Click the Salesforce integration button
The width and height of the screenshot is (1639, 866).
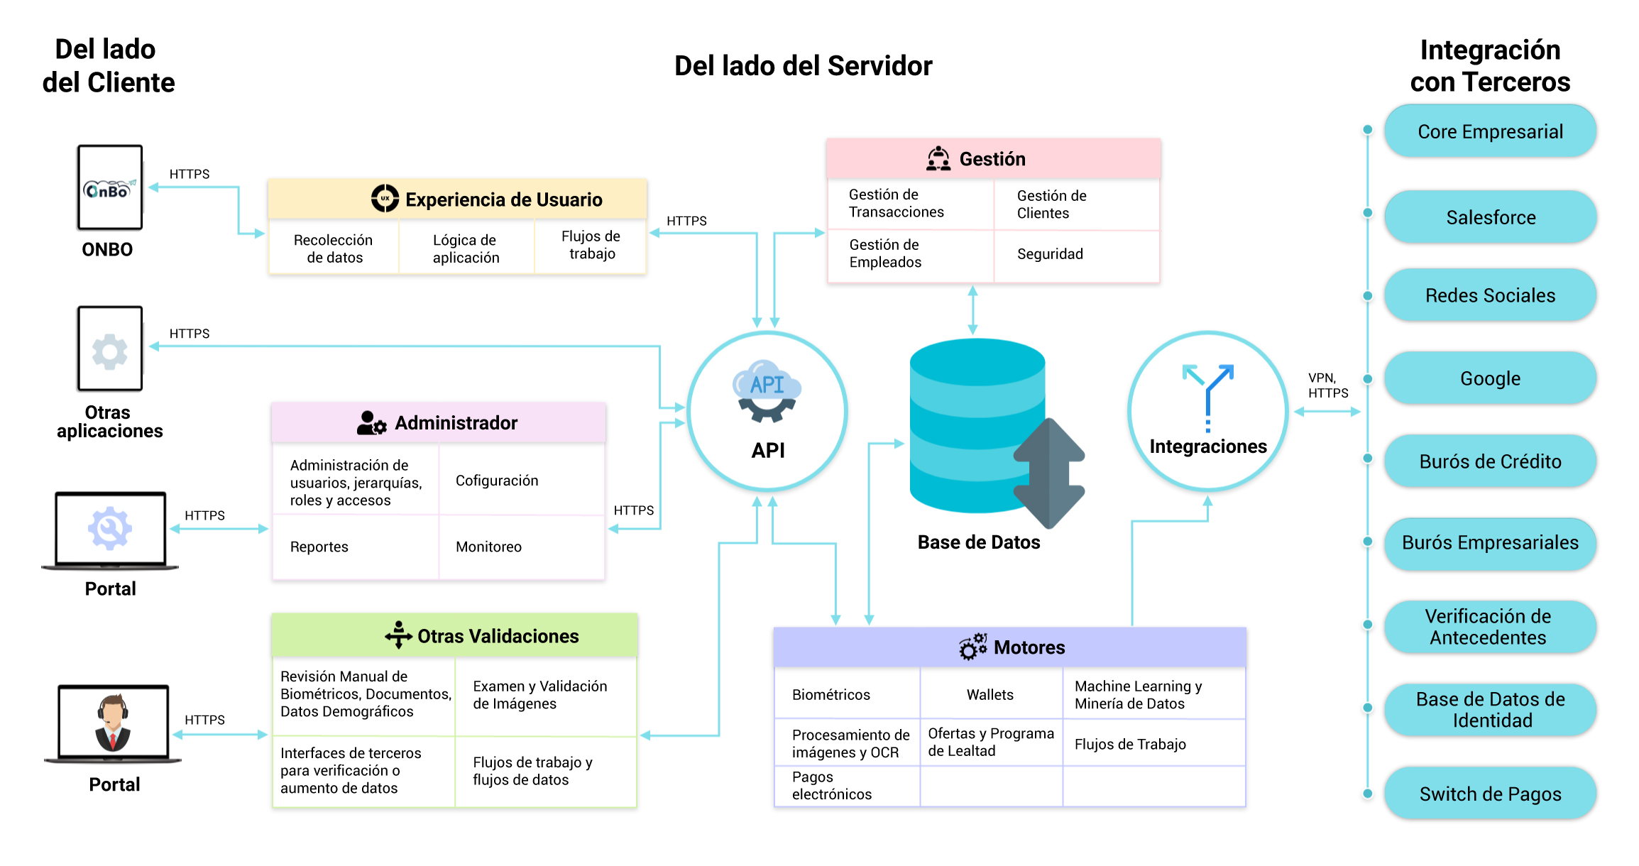click(1490, 217)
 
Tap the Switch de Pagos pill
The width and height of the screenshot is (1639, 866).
click(1490, 794)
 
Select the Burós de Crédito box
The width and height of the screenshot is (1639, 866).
click(1490, 461)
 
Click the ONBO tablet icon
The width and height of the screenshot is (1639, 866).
click(110, 187)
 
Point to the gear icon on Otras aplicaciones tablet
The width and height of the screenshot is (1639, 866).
click(110, 351)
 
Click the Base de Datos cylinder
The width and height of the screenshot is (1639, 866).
click(978, 426)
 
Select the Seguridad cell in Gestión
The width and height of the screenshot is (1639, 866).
click(1077, 255)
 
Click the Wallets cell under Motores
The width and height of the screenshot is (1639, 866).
click(991, 694)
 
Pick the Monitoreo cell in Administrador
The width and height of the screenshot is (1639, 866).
click(522, 547)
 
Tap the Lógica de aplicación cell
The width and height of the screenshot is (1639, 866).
click(466, 248)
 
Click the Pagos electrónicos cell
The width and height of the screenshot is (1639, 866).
click(847, 786)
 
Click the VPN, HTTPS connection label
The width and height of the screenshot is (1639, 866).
click(1328, 385)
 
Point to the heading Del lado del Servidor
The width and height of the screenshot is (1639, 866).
click(803, 66)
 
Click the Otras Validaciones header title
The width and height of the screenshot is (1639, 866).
click(498, 636)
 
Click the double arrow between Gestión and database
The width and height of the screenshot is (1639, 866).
click(972, 310)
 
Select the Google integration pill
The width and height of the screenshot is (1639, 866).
click(1490, 378)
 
